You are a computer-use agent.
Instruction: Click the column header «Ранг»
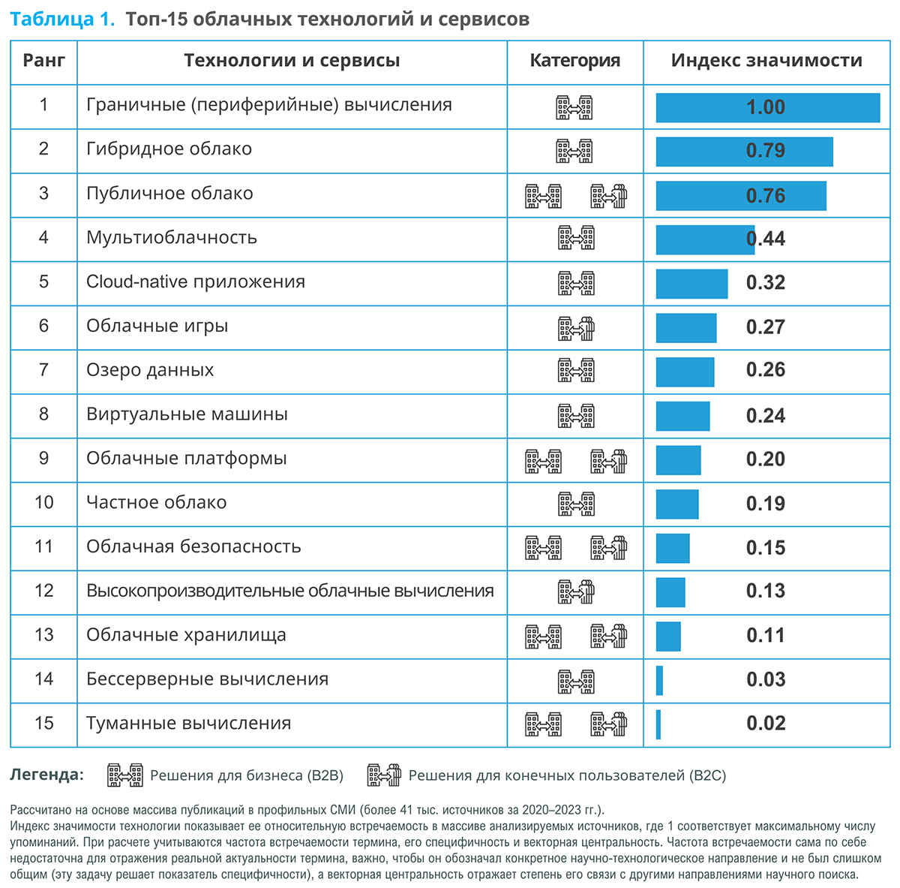tap(43, 61)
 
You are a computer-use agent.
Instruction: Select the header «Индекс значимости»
tap(766, 61)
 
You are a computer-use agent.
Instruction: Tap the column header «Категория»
tap(574, 61)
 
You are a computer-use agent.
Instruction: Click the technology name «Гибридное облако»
tap(169, 149)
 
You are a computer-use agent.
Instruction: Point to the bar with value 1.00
tap(767, 107)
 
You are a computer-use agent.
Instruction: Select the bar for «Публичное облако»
tap(740, 196)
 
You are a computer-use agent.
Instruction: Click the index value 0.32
tap(765, 283)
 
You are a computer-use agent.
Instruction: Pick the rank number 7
tap(43, 370)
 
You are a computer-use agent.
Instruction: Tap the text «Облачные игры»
tap(157, 326)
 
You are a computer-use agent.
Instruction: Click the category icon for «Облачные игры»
tap(575, 327)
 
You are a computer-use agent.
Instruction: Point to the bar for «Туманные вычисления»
tap(658, 724)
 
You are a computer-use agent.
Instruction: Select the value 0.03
tap(765, 680)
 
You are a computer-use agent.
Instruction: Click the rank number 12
tap(43, 591)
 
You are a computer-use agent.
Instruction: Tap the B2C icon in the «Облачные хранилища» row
tap(608, 637)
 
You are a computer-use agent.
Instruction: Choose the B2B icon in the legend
tap(125, 775)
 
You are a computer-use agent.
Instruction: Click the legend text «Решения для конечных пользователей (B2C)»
tap(567, 775)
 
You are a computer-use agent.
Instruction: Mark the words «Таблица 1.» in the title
tap(62, 20)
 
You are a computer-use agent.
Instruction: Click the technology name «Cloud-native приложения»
tap(195, 281)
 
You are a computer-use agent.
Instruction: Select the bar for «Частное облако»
tap(676, 504)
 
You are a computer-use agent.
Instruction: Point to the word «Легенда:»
tap(46, 775)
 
